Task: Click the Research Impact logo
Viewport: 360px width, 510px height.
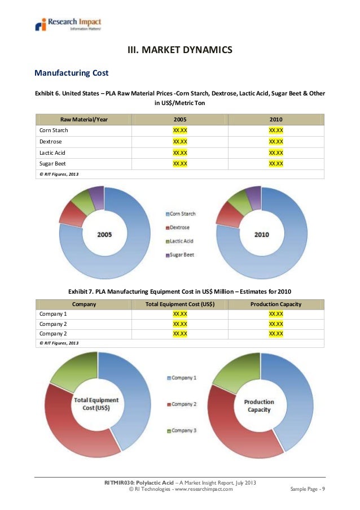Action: (68, 25)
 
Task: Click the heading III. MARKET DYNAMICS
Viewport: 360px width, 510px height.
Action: (180, 51)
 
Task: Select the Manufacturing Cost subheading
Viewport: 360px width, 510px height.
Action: (72, 73)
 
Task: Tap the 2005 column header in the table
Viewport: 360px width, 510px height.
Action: (180, 119)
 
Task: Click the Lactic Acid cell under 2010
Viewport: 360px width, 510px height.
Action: (276, 152)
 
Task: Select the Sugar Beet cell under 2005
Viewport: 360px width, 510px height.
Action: (180, 163)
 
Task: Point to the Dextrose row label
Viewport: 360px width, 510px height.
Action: (51, 141)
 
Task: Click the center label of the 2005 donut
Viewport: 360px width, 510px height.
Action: (104, 234)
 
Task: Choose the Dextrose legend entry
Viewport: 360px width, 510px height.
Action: (180, 228)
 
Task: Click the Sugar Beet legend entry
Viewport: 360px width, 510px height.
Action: (182, 255)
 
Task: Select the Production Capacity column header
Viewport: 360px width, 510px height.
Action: (276, 304)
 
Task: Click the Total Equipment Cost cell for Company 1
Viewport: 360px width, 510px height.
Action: (180, 313)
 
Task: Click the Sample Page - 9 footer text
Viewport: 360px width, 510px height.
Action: (307, 489)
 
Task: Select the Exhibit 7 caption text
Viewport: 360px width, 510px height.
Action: (180, 291)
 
